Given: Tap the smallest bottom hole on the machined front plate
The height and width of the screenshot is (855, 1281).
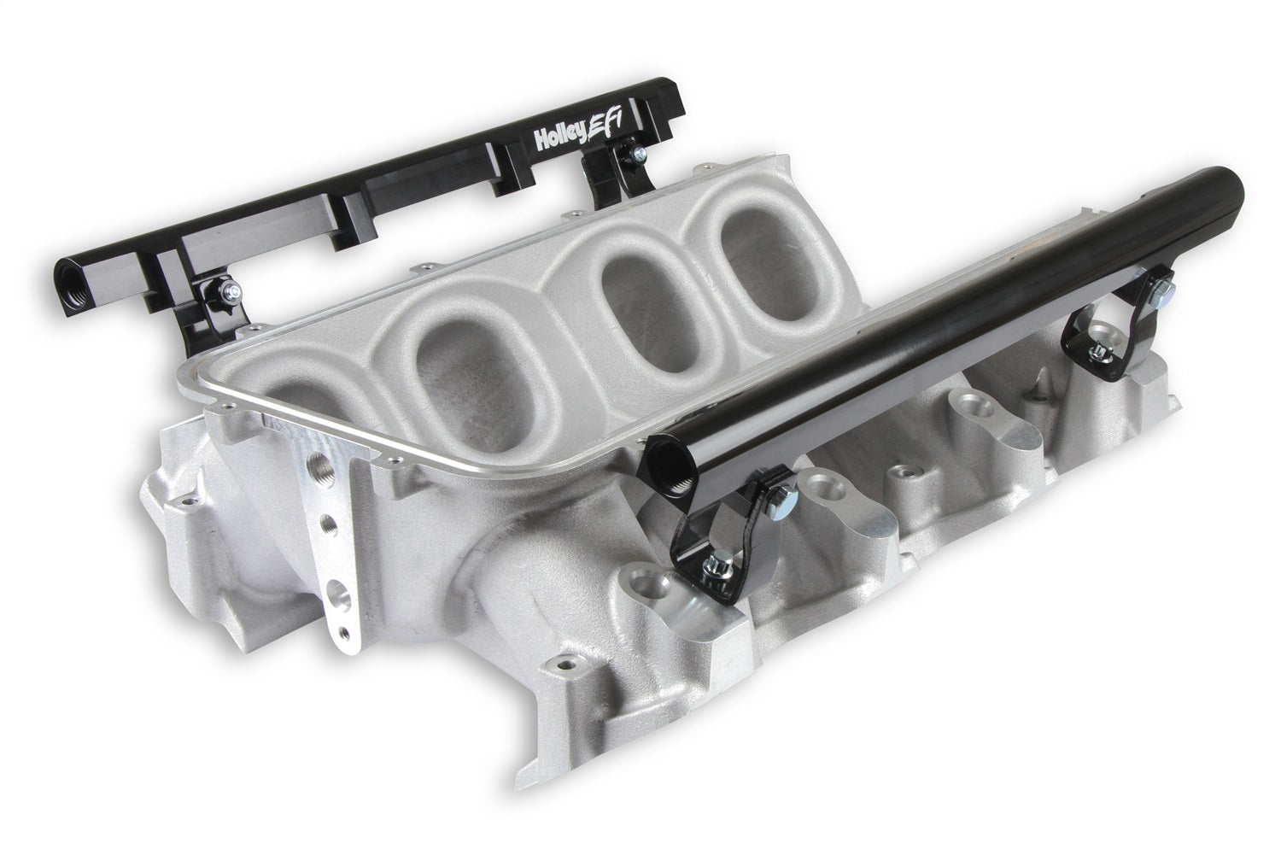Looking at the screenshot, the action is point(344,633).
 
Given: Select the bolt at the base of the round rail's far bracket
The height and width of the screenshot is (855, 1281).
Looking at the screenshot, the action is point(1097,366).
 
